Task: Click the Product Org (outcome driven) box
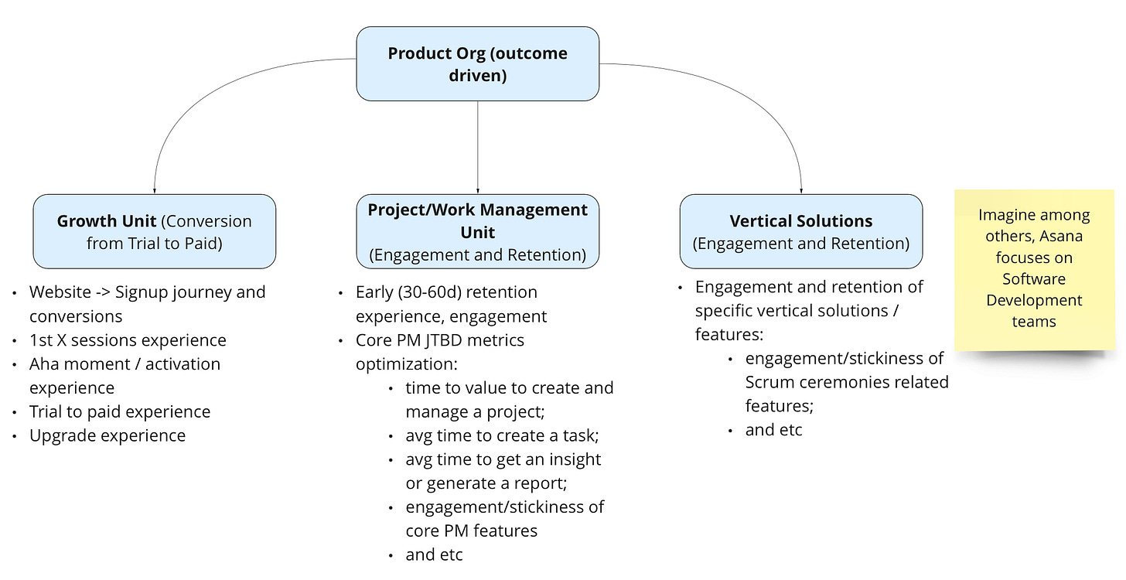tap(477, 64)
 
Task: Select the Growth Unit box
tap(155, 231)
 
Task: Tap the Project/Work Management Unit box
tap(477, 231)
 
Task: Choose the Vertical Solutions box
tap(800, 231)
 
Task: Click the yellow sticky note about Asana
tap(1034, 268)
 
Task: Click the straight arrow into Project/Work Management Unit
tap(478, 147)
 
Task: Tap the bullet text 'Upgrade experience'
tap(107, 435)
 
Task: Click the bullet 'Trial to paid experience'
tap(120, 411)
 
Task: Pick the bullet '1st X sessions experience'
tap(128, 340)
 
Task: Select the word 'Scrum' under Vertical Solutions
tap(769, 382)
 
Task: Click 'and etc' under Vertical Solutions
tap(773, 430)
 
